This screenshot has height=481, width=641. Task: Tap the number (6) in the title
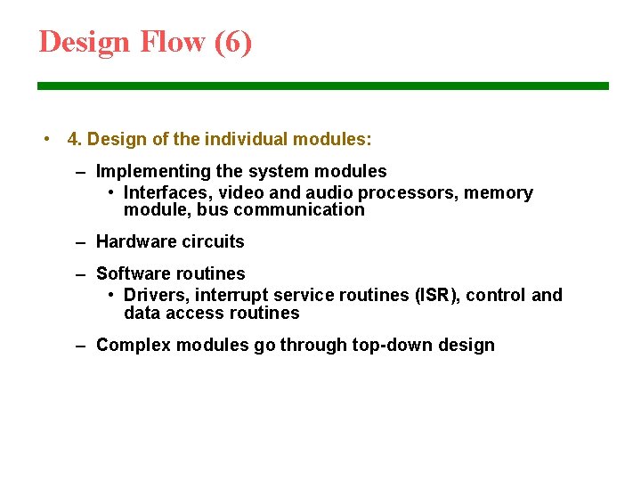point(233,42)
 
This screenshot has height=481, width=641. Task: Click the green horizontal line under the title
point(322,86)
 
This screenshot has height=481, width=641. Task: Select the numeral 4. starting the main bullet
point(75,140)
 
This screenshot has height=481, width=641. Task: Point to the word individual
point(247,140)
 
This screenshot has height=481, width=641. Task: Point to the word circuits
point(215,241)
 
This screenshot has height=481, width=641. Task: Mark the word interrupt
point(233,296)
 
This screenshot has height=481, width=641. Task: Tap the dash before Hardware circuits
point(81,241)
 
